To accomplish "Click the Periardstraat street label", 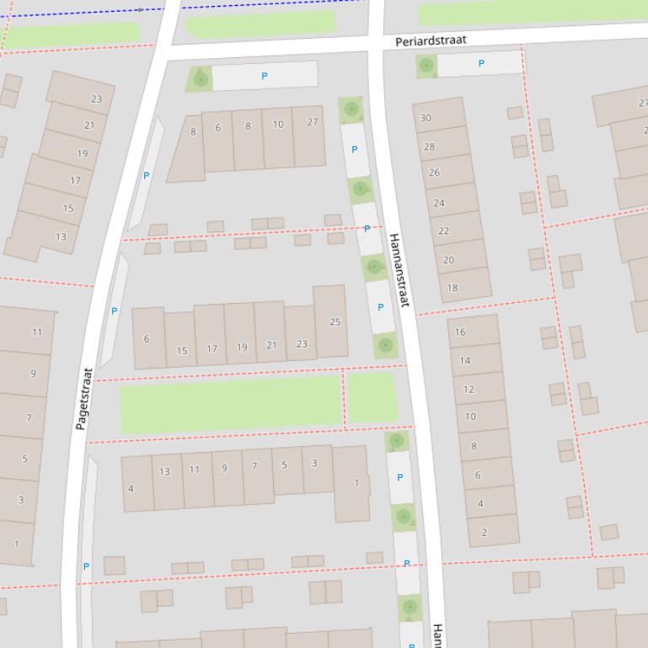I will pos(431,40).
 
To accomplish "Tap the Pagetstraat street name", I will pos(83,398).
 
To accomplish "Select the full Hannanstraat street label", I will pos(399,270).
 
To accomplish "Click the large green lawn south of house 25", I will pos(229,404).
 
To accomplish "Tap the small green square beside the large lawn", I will pos(372,398).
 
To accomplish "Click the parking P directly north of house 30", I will pos(481,63).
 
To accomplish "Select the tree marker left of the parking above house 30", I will pos(426,65).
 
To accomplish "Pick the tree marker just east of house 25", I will pos(385,345).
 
